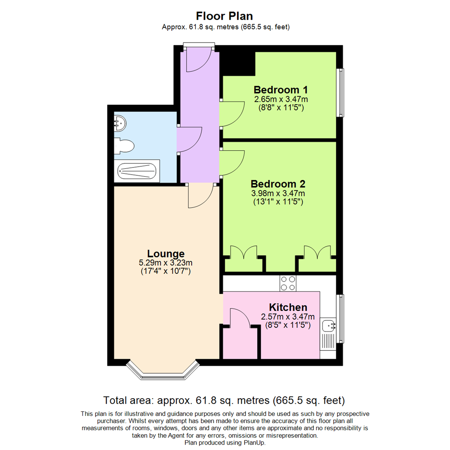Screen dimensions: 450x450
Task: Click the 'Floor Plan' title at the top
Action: pos(225,16)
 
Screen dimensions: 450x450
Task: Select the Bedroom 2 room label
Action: pos(278,184)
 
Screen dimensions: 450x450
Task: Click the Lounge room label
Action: pos(165,253)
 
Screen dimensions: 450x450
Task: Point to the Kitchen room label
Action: pos(288,307)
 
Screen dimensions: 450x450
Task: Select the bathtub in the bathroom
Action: pos(137,171)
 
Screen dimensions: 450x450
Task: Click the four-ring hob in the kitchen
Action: pos(288,283)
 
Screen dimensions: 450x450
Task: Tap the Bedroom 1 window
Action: pos(341,92)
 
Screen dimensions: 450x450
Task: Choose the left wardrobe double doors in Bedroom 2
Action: pos(244,252)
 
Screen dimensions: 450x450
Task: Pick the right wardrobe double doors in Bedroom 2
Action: pos(317,252)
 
